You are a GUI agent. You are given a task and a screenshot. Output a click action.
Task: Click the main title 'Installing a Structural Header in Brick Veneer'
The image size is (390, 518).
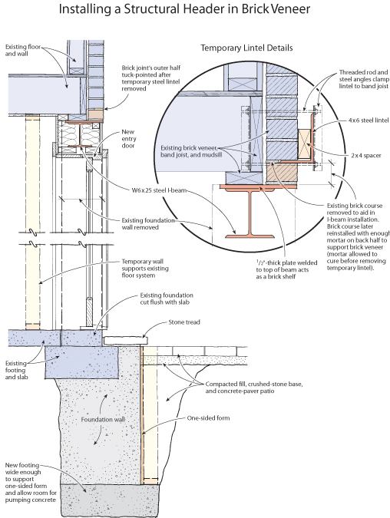coord(184,9)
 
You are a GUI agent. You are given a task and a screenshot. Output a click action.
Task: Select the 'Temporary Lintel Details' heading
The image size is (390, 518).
coord(246,48)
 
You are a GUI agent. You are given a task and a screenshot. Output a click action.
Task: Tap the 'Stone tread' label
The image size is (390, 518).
coord(184,322)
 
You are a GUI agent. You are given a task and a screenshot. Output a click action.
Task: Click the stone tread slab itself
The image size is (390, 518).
coord(125,341)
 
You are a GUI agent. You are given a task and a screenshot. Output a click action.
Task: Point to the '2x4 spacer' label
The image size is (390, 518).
coord(366,155)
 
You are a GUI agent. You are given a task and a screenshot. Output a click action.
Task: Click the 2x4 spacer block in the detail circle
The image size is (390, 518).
coord(304,144)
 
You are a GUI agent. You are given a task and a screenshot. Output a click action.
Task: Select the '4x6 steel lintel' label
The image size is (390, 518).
coord(369,120)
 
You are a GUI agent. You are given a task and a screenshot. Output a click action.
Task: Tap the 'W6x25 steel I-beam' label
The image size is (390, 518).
coord(159,190)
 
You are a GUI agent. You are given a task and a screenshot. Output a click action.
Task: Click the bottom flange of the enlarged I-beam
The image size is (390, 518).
coord(250,236)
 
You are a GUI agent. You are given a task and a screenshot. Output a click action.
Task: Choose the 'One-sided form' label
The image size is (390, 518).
coord(208,418)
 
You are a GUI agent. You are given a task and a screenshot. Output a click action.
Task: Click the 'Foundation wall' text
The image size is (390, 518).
coord(103,419)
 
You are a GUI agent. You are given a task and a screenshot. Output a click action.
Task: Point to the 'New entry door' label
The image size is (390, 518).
coord(129,139)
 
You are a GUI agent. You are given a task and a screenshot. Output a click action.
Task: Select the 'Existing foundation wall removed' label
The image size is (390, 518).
coord(148,223)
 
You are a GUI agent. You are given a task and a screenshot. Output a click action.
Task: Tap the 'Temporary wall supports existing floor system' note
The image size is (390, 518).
coord(145,269)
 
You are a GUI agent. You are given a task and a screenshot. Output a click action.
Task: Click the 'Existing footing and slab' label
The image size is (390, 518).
coord(17,370)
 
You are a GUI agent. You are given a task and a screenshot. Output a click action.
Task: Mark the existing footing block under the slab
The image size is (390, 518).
coord(82,362)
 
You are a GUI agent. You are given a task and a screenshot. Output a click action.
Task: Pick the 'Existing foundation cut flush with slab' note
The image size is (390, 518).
coord(167,299)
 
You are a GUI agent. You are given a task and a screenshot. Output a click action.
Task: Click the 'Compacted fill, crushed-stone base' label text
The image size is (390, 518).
coord(254,384)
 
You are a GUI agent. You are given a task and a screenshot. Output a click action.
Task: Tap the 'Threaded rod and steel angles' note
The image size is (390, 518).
coord(364,79)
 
